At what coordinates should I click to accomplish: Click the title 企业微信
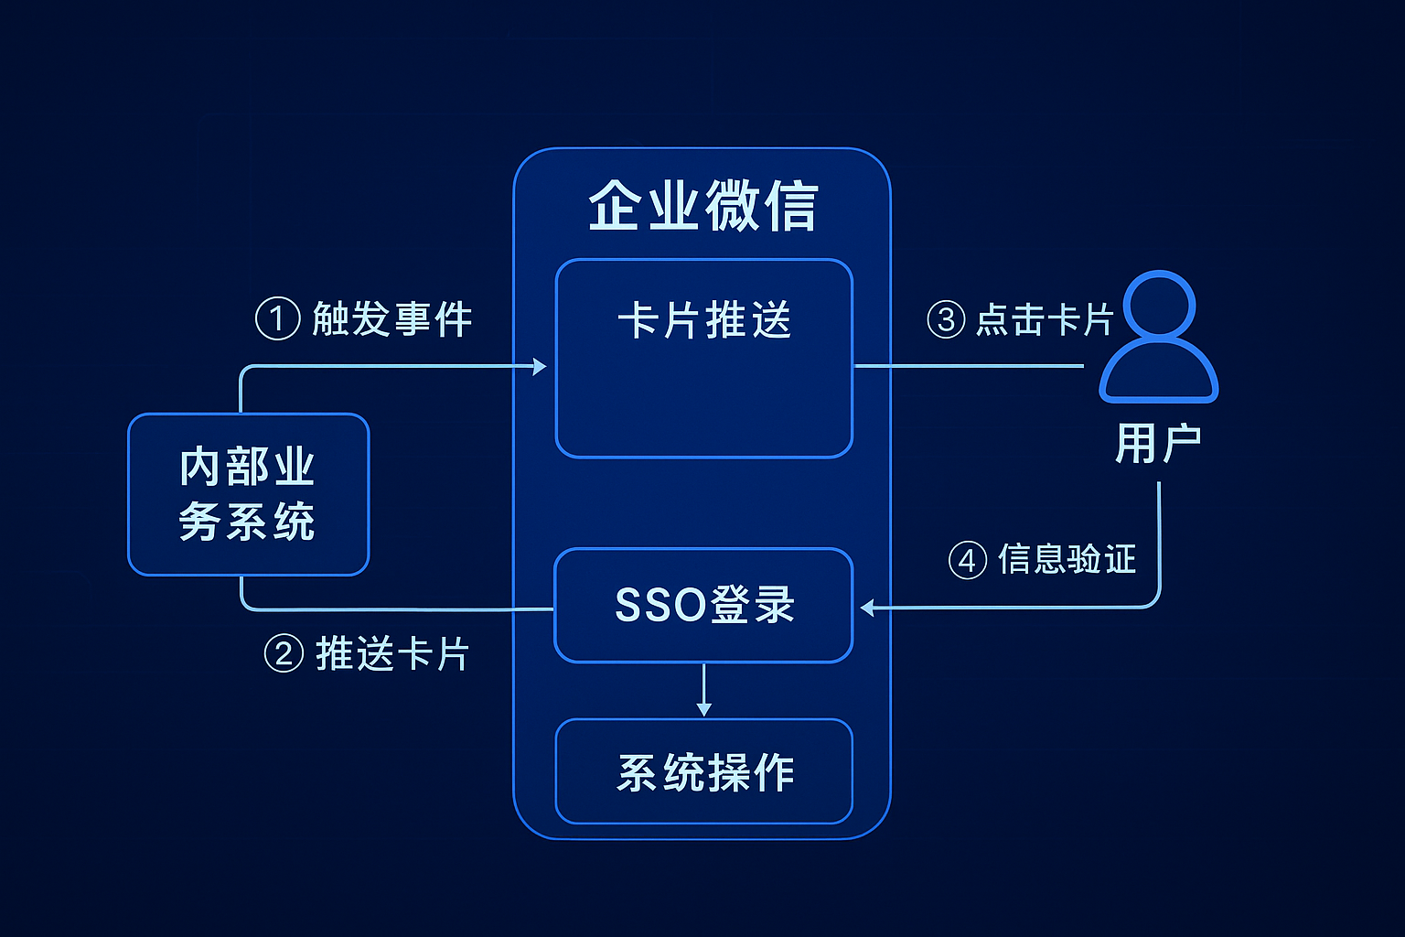(x=702, y=206)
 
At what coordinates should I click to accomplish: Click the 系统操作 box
(x=703, y=771)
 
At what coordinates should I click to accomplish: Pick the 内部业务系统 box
(x=248, y=494)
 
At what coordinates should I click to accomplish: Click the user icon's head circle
(x=1159, y=305)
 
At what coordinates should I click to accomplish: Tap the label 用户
(x=1158, y=444)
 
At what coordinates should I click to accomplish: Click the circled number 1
(x=277, y=319)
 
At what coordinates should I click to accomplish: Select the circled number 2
(x=284, y=654)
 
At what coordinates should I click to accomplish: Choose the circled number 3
(x=946, y=320)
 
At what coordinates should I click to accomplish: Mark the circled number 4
(x=967, y=560)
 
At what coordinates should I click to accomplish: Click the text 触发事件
(x=392, y=319)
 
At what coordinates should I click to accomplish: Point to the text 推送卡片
(x=392, y=654)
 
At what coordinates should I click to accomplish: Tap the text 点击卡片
(x=1045, y=320)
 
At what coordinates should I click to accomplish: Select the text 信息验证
(x=1067, y=559)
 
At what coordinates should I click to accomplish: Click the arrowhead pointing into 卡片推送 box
(x=540, y=366)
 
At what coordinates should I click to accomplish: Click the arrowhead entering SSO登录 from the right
(x=867, y=608)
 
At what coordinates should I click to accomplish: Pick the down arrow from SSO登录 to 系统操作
(x=703, y=707)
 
